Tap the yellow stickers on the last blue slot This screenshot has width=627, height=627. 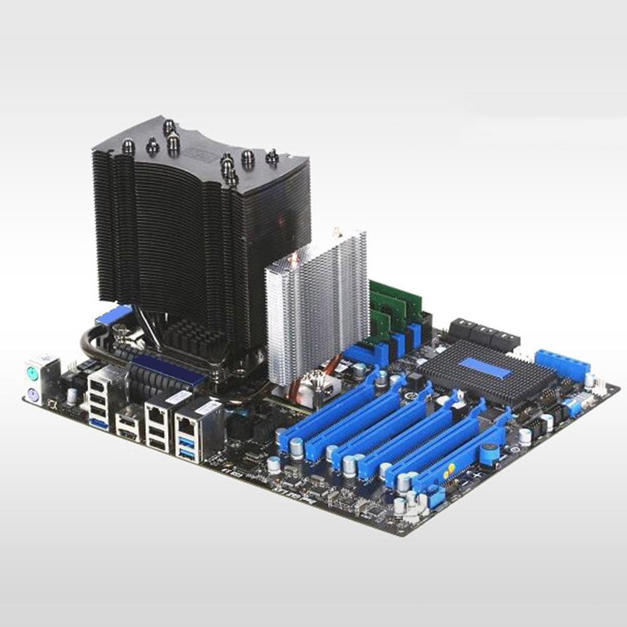click(x=450, y=467)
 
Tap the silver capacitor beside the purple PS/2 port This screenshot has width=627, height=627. click(x=72, y=396)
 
